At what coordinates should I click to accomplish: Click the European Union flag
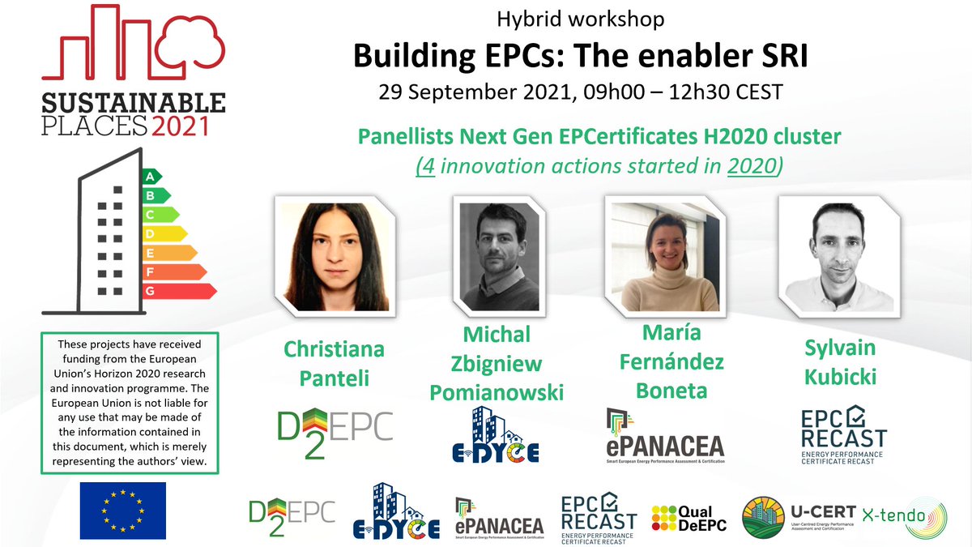pyautogui.click(x=122, y=511)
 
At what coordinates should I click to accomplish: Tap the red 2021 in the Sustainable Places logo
pyautogui.click(x=179, y=126)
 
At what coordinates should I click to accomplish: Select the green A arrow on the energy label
pyautogui.click(x=151, y=176)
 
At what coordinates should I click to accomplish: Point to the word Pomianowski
pyautogui.click(x=497, y=393)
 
